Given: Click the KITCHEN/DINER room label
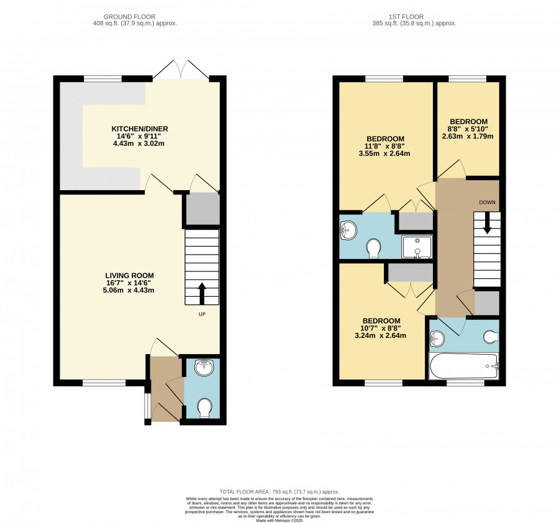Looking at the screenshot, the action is click(x=140, y=129).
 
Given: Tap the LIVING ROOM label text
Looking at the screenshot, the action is click(x=129, y=275).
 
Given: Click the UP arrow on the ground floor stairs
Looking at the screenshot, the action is click(x=202, y=293).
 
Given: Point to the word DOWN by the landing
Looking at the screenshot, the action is click(x=487, y=202).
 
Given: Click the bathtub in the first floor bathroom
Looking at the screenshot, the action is click(x=464, y=366).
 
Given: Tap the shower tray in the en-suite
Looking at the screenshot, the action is click(x=417, y=247).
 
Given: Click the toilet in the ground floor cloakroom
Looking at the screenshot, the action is click(x=204, y=408).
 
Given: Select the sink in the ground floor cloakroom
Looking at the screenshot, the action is click(x=204, y=368).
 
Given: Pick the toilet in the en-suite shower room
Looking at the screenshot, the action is click(x=373, y=248).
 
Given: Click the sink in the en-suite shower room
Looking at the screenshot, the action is click(x=348, y=230).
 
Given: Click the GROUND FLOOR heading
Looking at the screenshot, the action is click(x=129, y=17).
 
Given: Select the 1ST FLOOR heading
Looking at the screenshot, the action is click(x=406, y=17).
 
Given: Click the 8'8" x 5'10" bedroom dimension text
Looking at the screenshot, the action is click(x=468, y=129).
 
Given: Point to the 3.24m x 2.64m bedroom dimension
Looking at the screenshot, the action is click(x=380, y=335).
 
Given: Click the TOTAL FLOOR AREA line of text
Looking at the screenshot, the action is click(x=279, y=491).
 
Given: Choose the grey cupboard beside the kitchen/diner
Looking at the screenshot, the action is click(x=203, y=209).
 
